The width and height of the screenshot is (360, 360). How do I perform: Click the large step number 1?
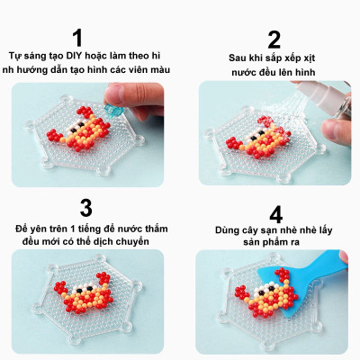pos(78,37)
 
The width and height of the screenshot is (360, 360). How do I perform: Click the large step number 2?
pos(273,39)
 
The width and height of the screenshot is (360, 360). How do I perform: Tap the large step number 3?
pos(85,208)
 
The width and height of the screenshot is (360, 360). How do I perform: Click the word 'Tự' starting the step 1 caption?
pos(13,56)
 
